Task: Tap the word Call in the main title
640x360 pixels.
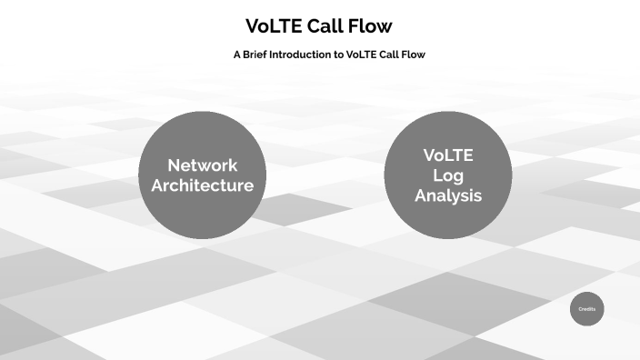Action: [x=333, y=26]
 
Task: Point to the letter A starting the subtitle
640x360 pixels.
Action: [x=236, y=55]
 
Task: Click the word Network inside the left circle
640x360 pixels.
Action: [x=202, y=165]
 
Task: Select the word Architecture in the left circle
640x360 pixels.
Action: [x=202, y=185]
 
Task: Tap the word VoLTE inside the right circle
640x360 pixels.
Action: [x=448, y=155]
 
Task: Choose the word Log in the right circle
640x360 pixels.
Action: [x=448, y=175]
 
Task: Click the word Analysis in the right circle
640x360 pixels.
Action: [x=448, y=195]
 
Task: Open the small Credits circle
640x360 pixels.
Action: [x=587, y=309]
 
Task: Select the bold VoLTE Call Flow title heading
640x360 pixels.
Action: [x=319, y=26]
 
